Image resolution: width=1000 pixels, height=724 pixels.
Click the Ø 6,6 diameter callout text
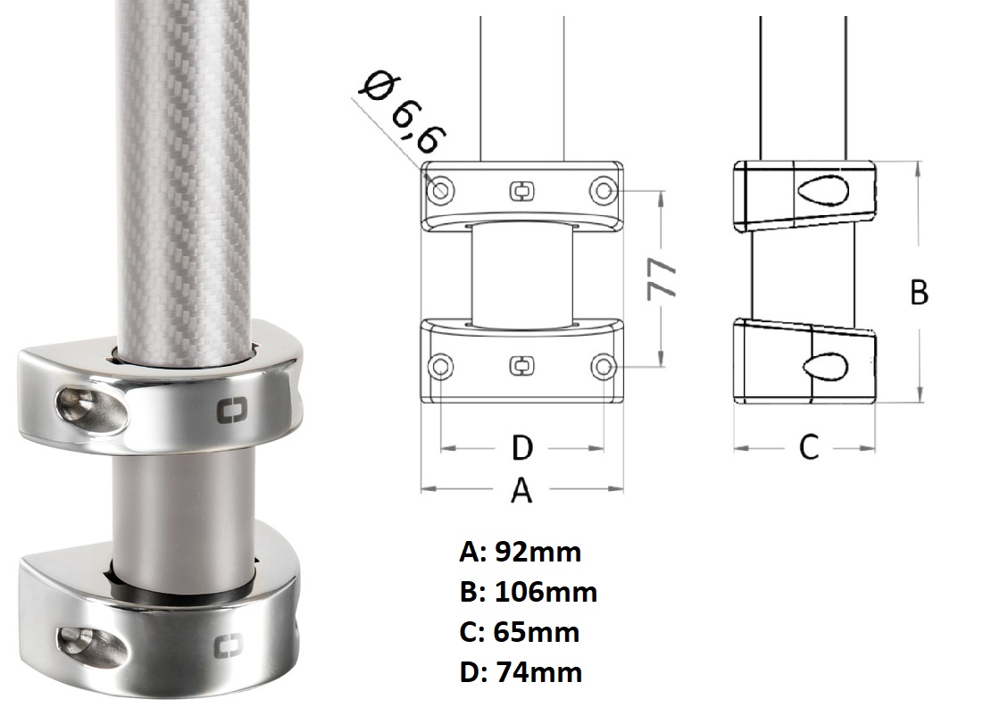(x=403, y=113)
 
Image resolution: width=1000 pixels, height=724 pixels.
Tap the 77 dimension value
(x=662, y=279)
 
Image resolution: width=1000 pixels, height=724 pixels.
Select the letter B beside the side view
(x=919, y=293)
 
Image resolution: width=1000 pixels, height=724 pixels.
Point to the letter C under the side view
(x=809, y=447)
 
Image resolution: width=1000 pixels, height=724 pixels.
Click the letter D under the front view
(x=521, y=448)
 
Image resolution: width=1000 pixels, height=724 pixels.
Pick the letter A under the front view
(x=521, y=490)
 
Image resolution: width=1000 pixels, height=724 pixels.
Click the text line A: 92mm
(x=520, y=552)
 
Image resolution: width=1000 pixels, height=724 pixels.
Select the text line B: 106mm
(x=528, y=592)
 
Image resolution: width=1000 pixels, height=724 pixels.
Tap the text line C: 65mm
(x=519, y=632)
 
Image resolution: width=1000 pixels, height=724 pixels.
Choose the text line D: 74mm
(x=521, y=672)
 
